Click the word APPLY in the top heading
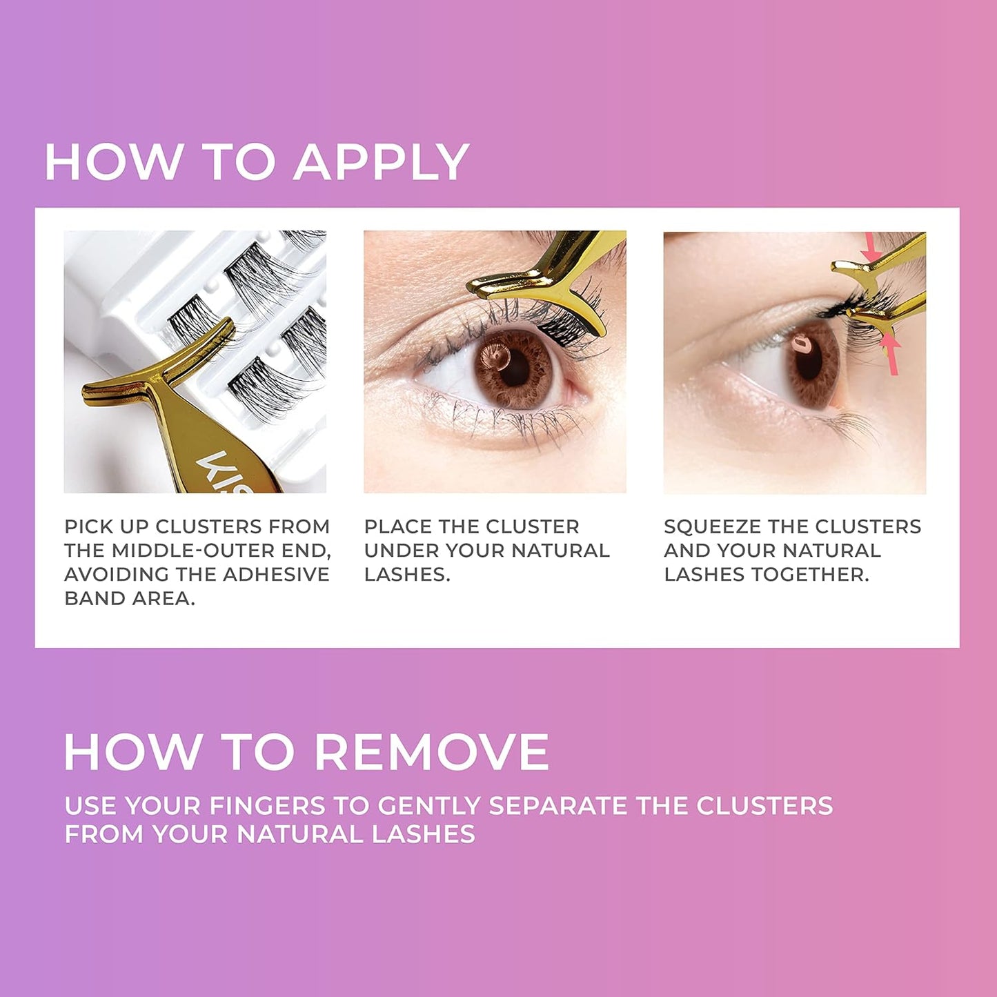point(382,163)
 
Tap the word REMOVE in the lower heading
point(432,752)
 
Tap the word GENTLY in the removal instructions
point(428,806)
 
